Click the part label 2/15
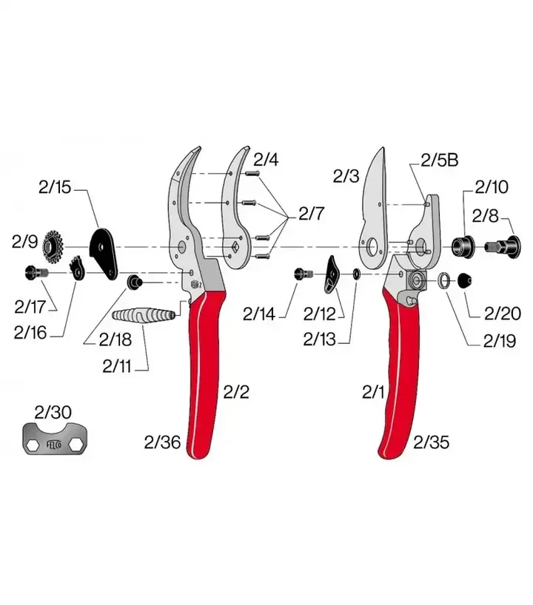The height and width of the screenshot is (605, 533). [x=55, y=188]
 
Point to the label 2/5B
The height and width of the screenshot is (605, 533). [x=440, y=160]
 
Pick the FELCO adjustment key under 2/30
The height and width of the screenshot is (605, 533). [x=55, y=438]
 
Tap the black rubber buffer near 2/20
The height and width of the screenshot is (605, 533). [x=465, y=280]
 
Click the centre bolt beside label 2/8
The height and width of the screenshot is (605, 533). [x=503, y=246]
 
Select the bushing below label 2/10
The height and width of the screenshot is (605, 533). [x=463, y=245]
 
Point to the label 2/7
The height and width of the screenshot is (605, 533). [x=312, y=213]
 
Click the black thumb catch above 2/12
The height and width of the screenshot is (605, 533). [x=331, y=274]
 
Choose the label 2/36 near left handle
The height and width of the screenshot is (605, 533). [x=163, y=442]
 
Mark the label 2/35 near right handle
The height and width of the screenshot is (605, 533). [x=431, y=442]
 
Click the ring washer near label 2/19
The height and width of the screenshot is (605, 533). [x=443, y=280]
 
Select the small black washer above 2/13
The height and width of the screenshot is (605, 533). [x=356, y=274]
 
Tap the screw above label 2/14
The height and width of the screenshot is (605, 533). [x=304, y=274]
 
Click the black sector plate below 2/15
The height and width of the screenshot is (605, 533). [x=103, y=253]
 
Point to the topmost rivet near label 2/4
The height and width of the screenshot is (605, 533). [x=251, y=174]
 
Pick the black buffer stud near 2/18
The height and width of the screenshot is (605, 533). [x=135, y=282]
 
